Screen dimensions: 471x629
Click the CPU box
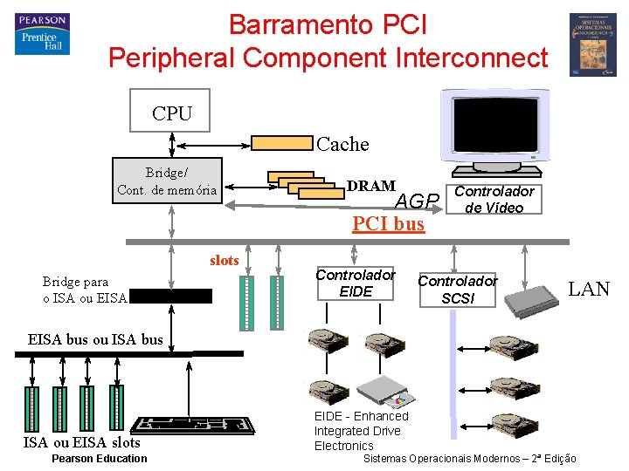coord(170,111)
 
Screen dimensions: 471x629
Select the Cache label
coord(342,144)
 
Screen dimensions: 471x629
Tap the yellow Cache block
coord(281,143)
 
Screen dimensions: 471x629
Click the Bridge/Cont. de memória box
coord(167,181)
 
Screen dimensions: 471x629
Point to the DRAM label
coord(370,186)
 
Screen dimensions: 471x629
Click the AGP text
coord(417,201)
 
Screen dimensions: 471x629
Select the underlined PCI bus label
coord(388,224)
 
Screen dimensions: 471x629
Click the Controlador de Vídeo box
coord(494,199)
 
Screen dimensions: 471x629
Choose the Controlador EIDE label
coord(355,283)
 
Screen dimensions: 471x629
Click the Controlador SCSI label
coord(457,289)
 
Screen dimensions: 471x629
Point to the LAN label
coord(589,289)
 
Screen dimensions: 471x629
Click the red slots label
coord(224,260)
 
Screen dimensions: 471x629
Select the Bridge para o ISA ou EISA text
coord(85,290)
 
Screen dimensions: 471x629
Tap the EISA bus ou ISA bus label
coord(95,339)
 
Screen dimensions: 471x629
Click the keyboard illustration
coord(190,428)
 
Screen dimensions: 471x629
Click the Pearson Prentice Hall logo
coord(41,34)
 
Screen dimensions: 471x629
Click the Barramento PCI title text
coord(328,24)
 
